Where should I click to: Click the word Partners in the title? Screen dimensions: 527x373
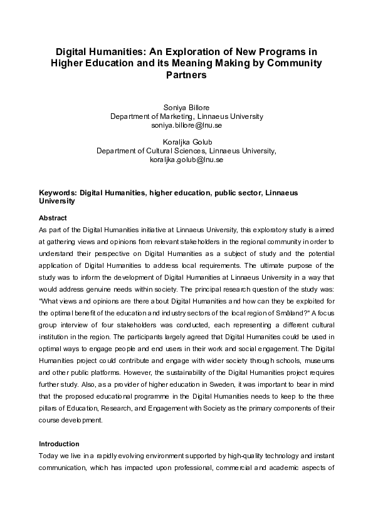point(186,75)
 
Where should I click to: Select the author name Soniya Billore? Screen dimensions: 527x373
point(186,108)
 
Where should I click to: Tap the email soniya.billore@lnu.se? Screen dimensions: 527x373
point(186,125)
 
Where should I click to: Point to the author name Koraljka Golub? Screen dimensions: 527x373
point(186,142)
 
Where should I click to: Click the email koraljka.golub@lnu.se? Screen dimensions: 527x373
point(186,160)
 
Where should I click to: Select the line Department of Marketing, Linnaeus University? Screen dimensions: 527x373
point(186,116)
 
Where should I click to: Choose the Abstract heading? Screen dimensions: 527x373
point(52,218)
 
